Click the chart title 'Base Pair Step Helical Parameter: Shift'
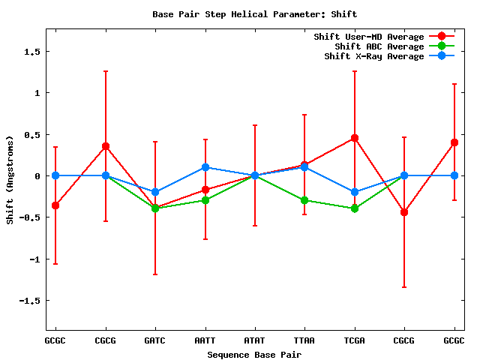[254, 13]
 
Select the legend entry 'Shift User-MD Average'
[368, 37]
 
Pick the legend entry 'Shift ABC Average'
[379, 46]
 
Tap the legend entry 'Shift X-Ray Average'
[373, 56]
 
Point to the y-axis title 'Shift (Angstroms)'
[10, 179]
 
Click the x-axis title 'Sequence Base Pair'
[254, 354]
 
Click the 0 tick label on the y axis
[36, 175]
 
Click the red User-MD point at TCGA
[355, 138]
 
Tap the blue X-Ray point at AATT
[205, 167]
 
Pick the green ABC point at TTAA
[304, 200]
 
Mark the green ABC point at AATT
[205, 200]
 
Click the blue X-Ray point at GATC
[155, 192]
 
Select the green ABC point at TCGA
[355, 208]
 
